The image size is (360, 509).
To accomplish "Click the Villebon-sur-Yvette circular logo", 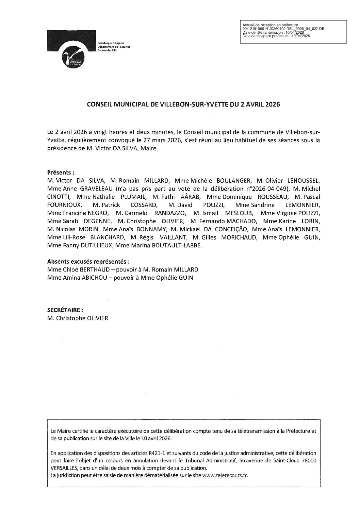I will [x=72, y=60].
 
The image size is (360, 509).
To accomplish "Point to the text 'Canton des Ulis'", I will [x=107, y=50].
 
